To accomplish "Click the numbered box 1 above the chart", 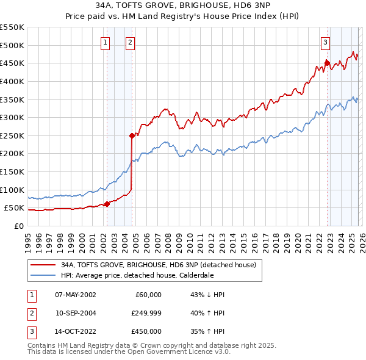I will (x=106, y=42).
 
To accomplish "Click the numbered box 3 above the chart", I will (x=326, y=42).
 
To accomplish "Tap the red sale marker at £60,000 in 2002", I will (x=107, y=204).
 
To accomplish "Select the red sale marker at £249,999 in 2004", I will (x=132, y=135).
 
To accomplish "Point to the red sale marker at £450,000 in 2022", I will (x=327, y=62).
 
